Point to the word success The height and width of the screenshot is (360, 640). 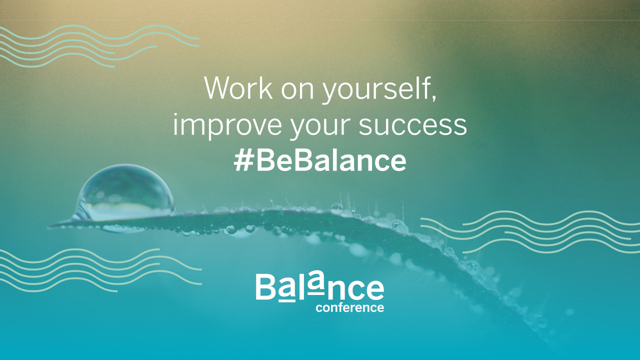[x=412, y=125]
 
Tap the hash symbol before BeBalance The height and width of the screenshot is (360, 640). [x=243, y=161]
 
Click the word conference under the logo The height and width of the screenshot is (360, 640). [x=349, y=307]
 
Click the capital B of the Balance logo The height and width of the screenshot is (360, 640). [x=265, y=287]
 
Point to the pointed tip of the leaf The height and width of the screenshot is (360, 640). [x=49, y=227]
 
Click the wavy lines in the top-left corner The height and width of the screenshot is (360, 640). [x=99, y=46]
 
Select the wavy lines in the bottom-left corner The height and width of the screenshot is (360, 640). [x=100, y=270]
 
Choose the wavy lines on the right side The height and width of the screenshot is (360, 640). [x=530, y=232]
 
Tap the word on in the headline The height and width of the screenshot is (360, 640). [x=297, y=90]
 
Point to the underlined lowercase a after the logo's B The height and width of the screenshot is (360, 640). [x=286, y=291]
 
